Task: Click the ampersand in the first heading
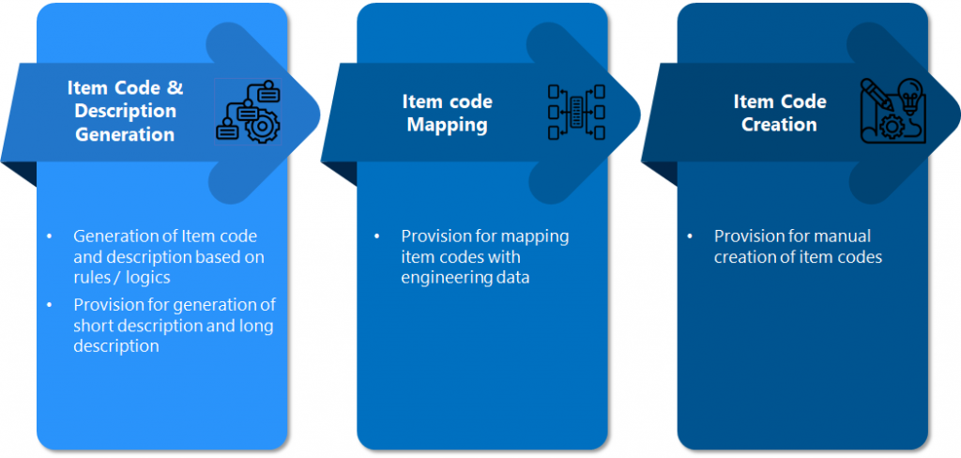[175, 88]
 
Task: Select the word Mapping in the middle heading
[447, 125]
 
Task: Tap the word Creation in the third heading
[779, 125]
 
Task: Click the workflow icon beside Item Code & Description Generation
[247, 111]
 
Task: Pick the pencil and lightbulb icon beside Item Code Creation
[892, 111]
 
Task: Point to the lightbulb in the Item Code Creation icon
[908, 95]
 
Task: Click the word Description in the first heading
[125, 111]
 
